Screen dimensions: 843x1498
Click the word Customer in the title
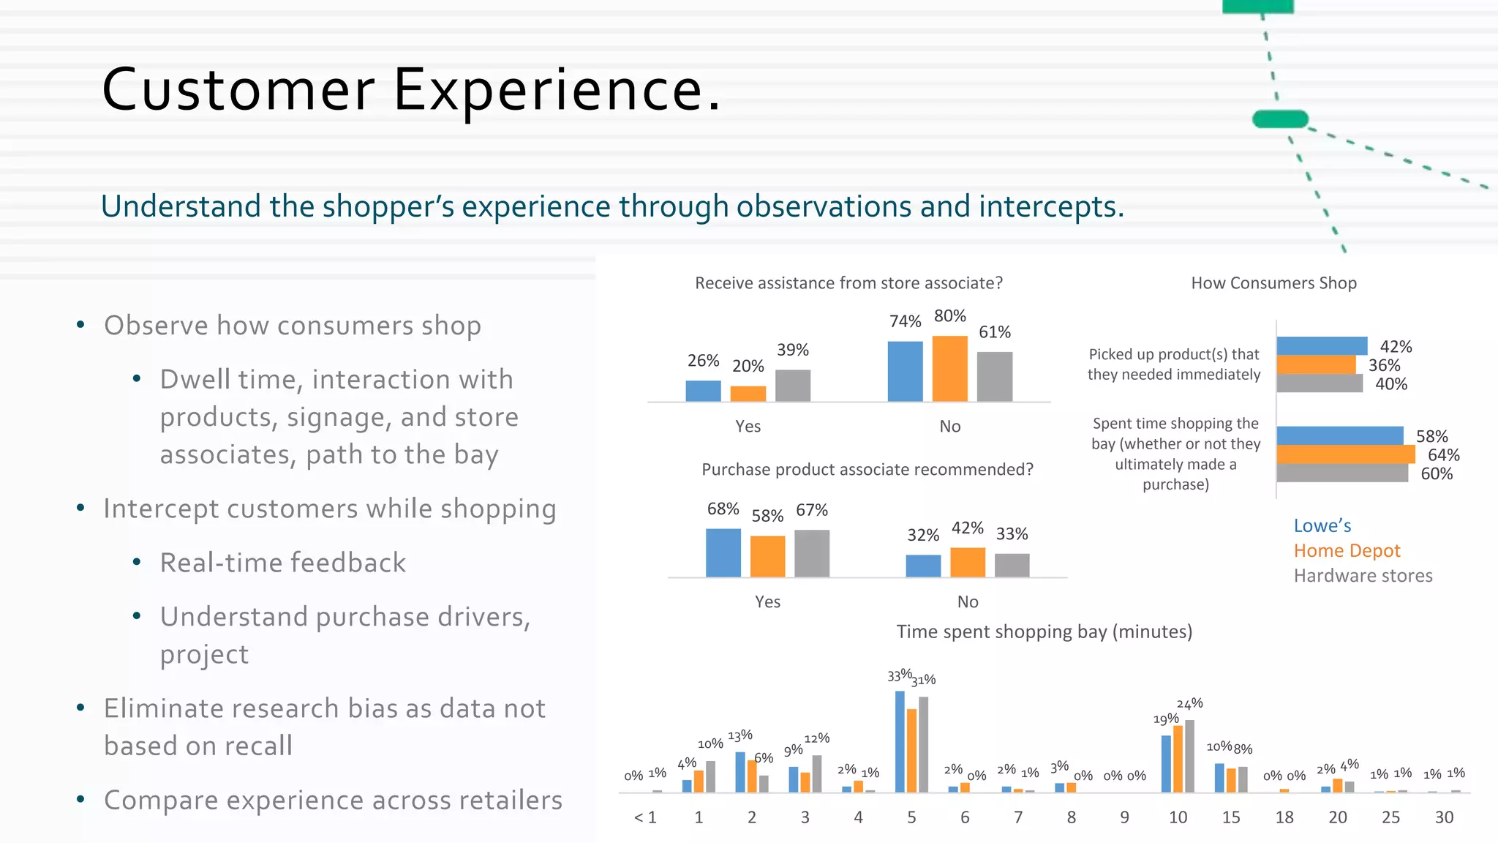[x=238, y=89]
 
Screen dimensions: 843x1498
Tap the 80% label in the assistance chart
[x=949, y=316]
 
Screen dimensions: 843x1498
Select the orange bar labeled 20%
[x=748, y=393]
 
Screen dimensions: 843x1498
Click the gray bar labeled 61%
[x=995, y=376]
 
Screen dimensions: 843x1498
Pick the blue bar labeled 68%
[x=723, y=552]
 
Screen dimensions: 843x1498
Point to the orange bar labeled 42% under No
[x=967, y=562]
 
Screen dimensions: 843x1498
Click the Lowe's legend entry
[x=1322, y=525]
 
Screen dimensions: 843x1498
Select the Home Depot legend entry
[x=1347, y=550]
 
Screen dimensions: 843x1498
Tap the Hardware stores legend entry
[x=1363, y=576]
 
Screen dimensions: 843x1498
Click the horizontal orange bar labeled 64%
[x=1345, y=454]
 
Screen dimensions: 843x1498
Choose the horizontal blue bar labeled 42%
[x=1321, y=345]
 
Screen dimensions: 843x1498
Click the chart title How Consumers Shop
[x=1273, y=283]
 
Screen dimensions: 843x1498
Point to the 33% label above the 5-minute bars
[x=899, y=675]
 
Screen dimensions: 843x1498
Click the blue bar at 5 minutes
[x=900, y=741]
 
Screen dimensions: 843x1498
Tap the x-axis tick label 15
[x=1231, y=817]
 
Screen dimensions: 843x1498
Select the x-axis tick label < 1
[x=645, y=817]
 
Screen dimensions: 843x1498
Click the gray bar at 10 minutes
[x=1189, y=756]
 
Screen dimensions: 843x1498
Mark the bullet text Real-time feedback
[x=282, y=563]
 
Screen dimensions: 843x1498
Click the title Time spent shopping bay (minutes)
[x=1044, y=632]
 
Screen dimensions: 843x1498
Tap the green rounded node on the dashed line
[x=1280, y=119]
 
